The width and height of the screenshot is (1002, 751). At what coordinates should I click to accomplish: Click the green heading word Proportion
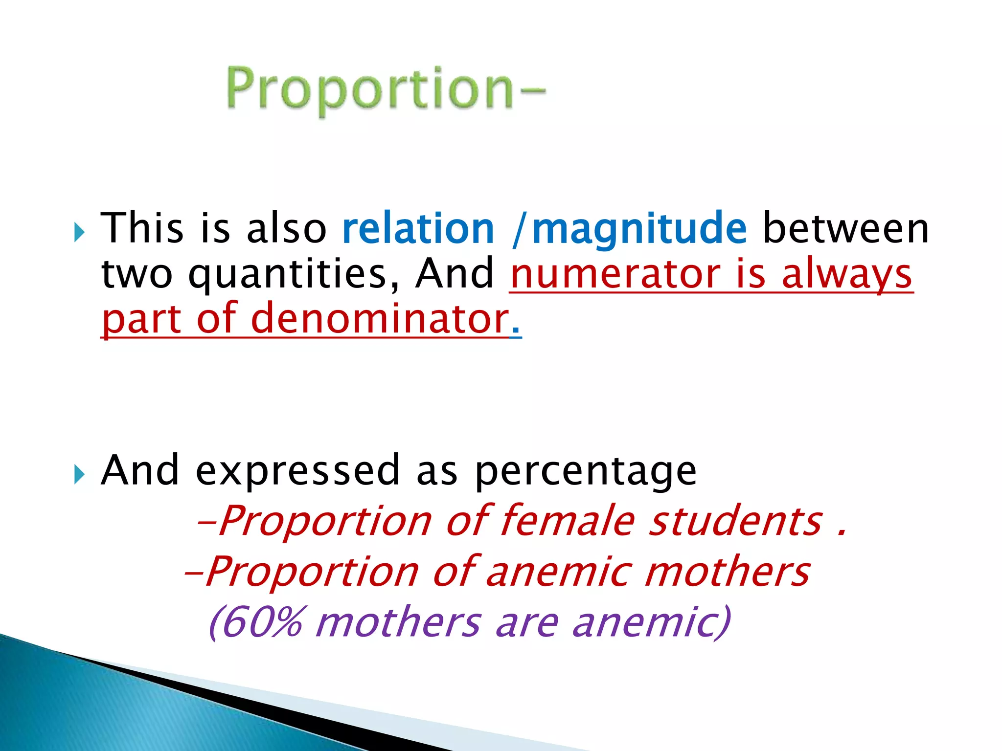click(369, 89)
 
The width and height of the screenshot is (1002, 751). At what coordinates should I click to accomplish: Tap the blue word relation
click(418, 229)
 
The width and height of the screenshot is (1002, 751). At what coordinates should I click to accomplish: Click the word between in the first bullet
click(846, 229)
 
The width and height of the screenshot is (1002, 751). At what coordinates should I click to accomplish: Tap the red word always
click(846, 275)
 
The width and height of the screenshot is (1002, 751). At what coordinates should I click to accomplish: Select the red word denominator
click(380, 319)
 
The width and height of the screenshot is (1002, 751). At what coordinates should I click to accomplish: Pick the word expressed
click(298, 471)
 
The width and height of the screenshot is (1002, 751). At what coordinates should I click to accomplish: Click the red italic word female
click(568, 521)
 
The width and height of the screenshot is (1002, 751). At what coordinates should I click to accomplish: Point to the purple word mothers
click(398, 622)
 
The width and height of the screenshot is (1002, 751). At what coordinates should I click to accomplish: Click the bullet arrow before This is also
click(79, 232)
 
